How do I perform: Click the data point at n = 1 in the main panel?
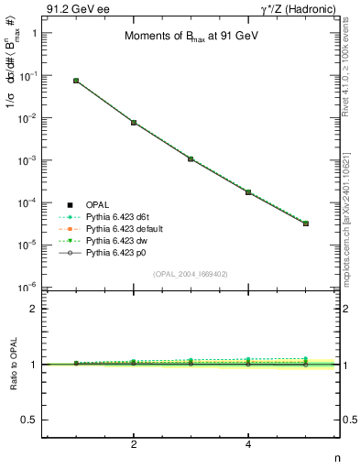(76, 81)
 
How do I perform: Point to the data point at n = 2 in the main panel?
(134, 122)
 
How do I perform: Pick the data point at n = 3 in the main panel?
(191, 158)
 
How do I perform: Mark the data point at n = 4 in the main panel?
(248, 192)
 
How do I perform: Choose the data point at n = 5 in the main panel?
(306, 224)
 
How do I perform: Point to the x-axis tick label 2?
(134, 444)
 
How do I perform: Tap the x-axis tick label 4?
(248, 444)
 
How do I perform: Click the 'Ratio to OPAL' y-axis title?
(12, 365)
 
